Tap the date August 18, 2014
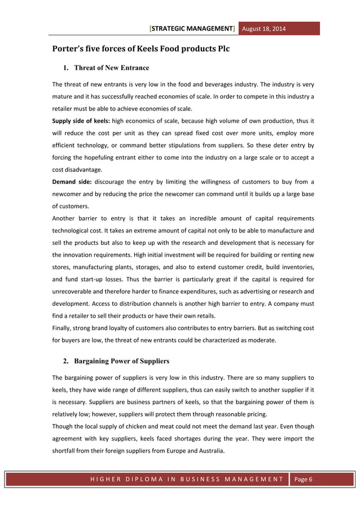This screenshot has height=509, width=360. (264, 28)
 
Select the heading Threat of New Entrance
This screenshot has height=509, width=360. (112, 68)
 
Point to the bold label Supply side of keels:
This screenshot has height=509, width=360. (81, 121)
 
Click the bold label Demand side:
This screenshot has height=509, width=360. (71, 182)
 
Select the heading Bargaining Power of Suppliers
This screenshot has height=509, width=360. (122, 361)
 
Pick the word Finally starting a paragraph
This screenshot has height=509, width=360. (62, 328)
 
